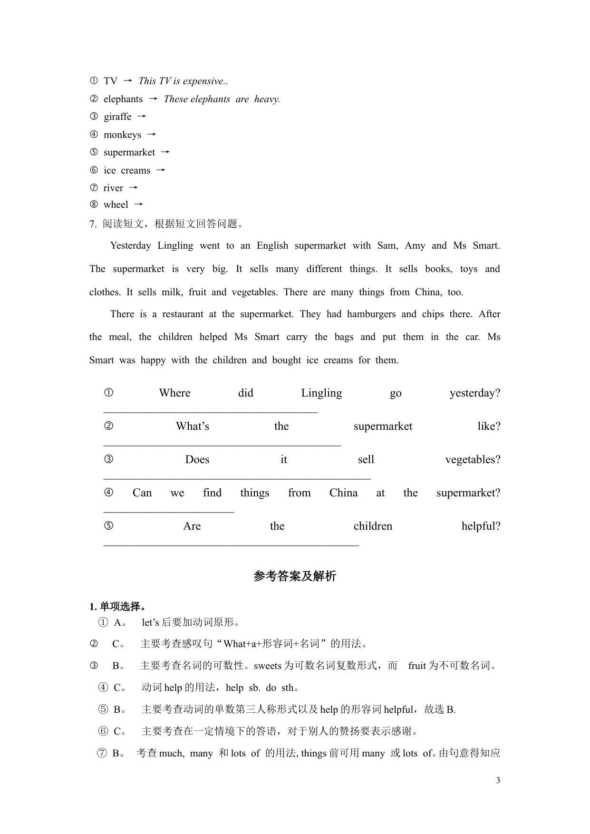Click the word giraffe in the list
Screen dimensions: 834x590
pos(117,117)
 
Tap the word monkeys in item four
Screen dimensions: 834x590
pos(122,135)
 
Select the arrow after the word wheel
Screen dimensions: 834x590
pos(138,204)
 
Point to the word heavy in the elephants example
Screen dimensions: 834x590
pos(267,99)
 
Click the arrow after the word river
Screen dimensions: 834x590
pos(134,188)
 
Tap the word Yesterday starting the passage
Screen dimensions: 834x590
pos(130,246)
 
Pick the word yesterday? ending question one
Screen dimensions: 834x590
pos(474,393)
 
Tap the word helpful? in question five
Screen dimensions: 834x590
pos(481,526)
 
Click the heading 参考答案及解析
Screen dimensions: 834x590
pos(295,576)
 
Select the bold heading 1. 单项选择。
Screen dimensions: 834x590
pos(117,607)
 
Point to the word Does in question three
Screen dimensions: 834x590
pos(197,460)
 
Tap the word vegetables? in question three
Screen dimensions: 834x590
pos(473,460)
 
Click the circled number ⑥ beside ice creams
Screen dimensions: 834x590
pos(94,170)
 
